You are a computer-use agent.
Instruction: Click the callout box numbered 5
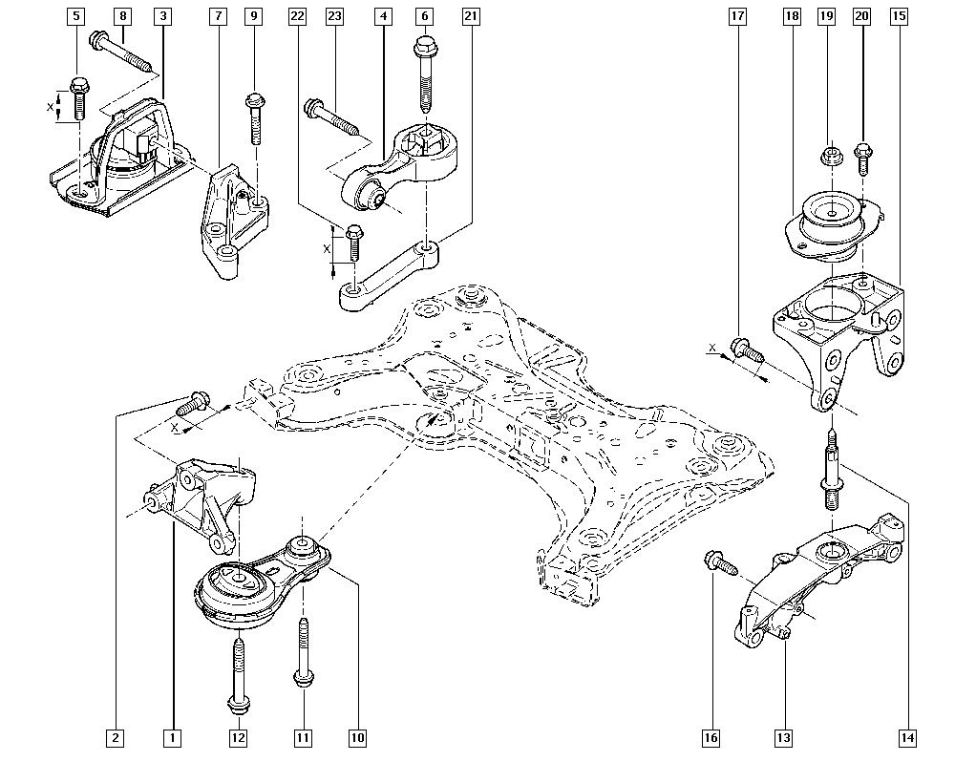click(x=76, y=16)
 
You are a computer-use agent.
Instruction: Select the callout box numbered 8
click(x=122, y=16)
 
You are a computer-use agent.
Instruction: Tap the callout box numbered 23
click(x=334, y=16)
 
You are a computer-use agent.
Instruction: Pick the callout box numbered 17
click(x=736, y=16)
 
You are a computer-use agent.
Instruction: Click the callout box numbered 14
click(x=906, y=737)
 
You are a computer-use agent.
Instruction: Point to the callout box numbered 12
click(x=238, y=737)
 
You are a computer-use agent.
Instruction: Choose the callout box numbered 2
click(x=116, y=737)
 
